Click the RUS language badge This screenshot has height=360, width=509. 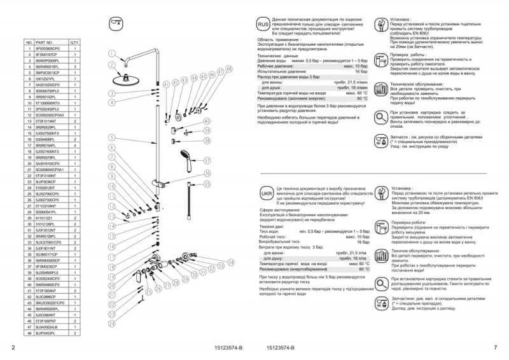[x=263, y=24]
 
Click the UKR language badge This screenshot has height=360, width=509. [x=267, y=191]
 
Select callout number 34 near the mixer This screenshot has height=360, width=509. [x=231, y=262]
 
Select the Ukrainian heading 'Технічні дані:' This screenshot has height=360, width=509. [x=275, y=226]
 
